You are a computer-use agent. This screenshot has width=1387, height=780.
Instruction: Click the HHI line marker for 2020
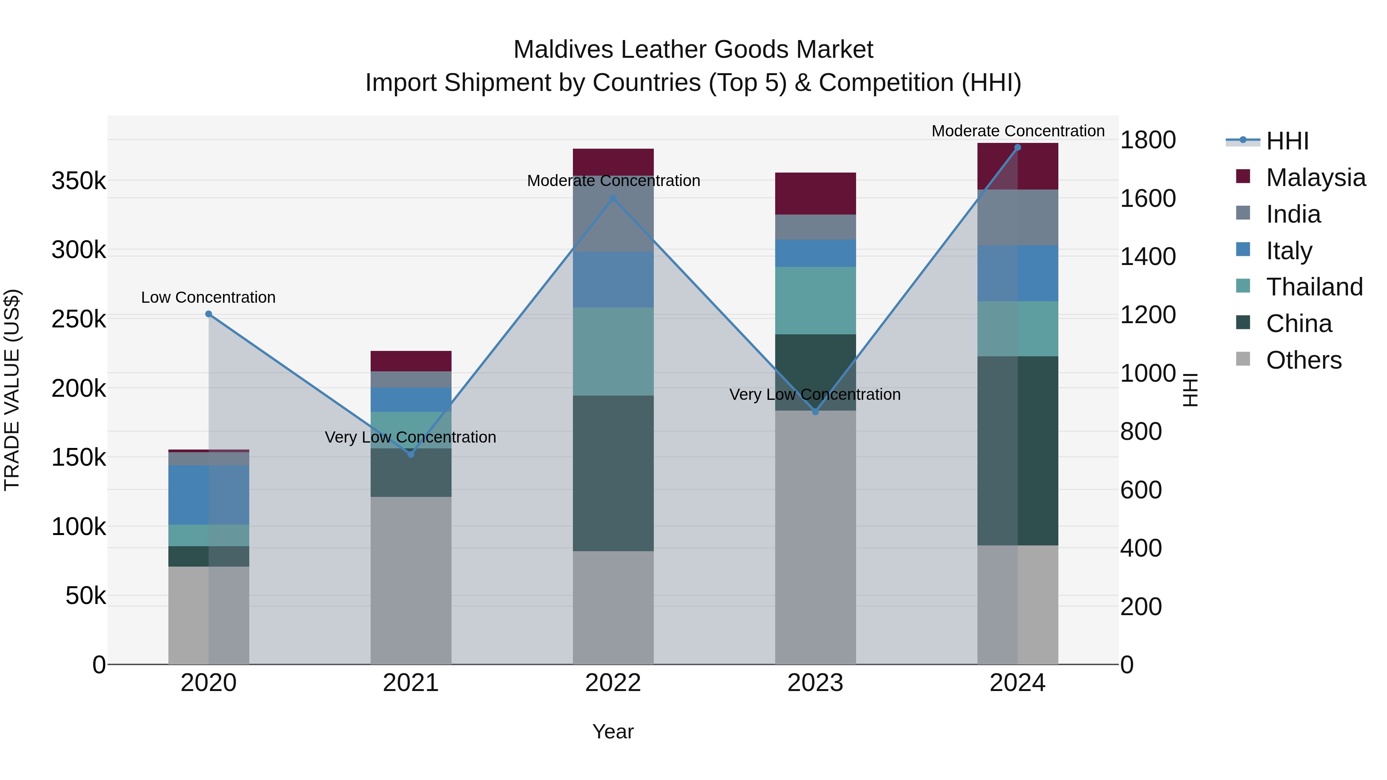click(209, 314)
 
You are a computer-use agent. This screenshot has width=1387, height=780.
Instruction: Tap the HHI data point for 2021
click(411, 455)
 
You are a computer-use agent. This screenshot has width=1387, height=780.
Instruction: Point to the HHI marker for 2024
click(1018, 148)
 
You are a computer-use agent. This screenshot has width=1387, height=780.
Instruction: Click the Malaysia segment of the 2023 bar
click(815, 193)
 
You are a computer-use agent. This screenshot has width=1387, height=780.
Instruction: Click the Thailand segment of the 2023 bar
click(815, 300)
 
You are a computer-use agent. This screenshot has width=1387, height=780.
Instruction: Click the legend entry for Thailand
click(1314, 287)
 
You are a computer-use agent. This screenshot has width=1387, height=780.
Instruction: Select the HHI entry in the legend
click(1287, 141)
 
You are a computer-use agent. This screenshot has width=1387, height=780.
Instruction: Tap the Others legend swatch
click(1243, 359)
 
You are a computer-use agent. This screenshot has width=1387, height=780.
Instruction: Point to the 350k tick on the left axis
click(79, 181)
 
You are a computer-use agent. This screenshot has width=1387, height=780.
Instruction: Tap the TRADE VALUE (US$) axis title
click(12, 390)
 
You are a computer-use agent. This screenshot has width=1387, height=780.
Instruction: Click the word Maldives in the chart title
click(564, 50)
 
